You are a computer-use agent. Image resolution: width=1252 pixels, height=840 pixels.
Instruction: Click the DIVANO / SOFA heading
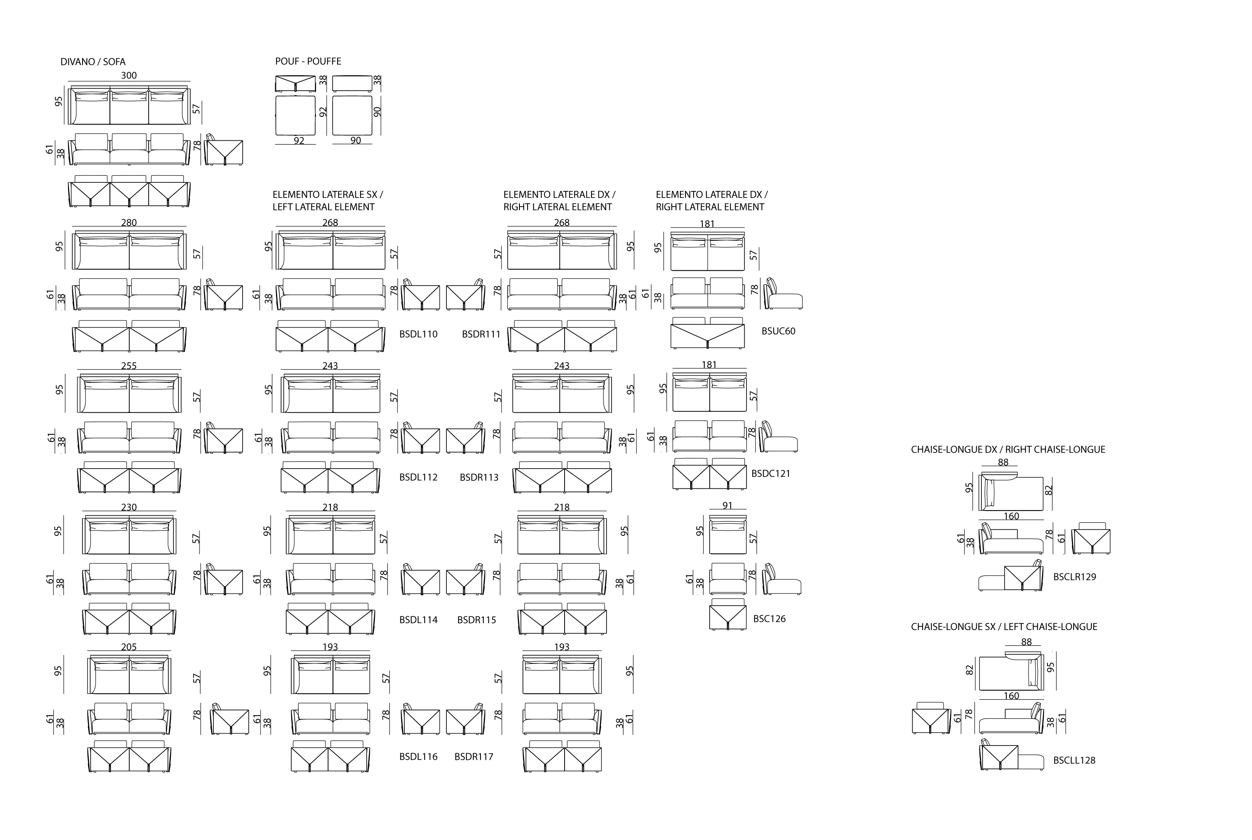[93, 61]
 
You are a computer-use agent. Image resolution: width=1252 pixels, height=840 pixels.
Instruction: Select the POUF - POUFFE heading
[308, 61]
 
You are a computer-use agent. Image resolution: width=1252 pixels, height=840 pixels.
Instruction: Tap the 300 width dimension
[129, 75]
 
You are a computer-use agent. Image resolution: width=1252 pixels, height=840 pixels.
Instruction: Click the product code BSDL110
[418, 334]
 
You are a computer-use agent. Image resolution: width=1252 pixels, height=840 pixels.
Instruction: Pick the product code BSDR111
[481, 334]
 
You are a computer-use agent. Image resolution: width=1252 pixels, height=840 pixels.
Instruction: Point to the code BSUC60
[778, 331]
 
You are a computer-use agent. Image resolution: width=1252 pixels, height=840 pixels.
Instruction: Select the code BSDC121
[771, 474]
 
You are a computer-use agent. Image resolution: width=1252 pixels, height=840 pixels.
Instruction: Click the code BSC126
[769, 619]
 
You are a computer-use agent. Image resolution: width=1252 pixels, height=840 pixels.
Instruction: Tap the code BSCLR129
[1074, 577]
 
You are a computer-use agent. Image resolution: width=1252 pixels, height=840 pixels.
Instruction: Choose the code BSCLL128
[1074, 760]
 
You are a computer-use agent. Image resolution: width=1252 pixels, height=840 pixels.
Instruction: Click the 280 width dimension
[129, 222]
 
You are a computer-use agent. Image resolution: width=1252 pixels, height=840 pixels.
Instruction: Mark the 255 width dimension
[129, 366]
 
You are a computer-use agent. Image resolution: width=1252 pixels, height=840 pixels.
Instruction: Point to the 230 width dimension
[129, 507]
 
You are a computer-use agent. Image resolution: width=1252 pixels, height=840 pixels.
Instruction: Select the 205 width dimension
[129, 647]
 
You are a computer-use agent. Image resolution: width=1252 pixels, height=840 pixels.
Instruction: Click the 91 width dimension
[727, 505]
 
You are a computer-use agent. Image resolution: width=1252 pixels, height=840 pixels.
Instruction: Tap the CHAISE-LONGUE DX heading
[1008, 450]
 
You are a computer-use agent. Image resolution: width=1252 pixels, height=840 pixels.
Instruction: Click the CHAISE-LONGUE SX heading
[1004, 627]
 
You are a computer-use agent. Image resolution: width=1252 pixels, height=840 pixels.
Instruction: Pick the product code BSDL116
[418, 756]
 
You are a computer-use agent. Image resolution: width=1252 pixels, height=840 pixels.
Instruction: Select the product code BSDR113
[479, 477]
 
